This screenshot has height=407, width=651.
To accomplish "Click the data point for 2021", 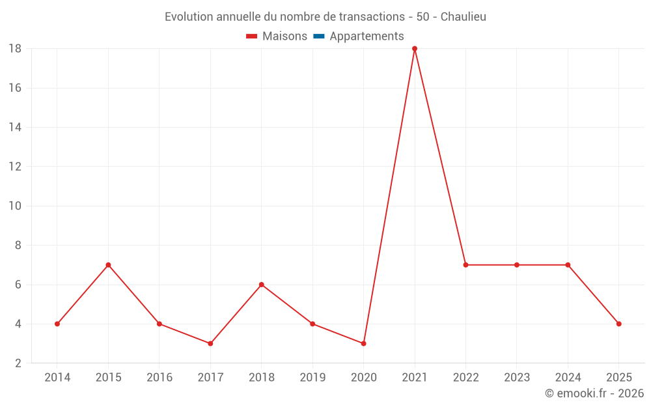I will (415, 48).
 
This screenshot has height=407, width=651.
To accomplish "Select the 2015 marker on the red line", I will (108, 265).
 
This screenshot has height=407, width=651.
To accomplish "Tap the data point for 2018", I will (261, 285).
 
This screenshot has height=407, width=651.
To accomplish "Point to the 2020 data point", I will (363, 343).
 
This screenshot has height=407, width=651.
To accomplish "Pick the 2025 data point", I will (618, 324).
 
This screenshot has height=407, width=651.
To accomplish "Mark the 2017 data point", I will (210, 343).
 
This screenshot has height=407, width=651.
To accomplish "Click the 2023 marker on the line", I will (516, 265).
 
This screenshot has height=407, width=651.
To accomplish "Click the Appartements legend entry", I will (367, 36).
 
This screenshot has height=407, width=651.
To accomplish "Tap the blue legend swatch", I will (318, 36).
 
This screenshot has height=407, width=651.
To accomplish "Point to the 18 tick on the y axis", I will (14, 49).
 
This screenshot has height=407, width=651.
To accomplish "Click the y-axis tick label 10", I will (14, 206).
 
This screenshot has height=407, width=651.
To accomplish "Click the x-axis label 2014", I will (57, 378).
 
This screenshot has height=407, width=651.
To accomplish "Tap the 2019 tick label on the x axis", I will (312, 378).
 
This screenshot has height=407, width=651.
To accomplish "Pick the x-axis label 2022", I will (465, 378).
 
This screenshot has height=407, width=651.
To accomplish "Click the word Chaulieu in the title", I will (463, 17).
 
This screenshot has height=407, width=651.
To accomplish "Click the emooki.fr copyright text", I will (594, 393).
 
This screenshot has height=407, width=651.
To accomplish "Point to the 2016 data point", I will (159, 324).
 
